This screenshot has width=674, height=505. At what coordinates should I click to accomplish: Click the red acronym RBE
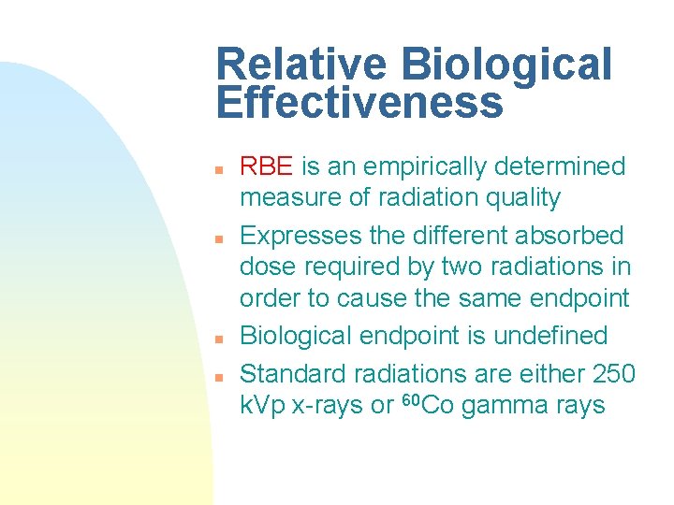(x=267, y=167)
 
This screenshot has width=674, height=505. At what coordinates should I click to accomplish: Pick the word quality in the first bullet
(x=527, y=198)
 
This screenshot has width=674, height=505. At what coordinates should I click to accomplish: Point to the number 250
(x=614, y=374)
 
